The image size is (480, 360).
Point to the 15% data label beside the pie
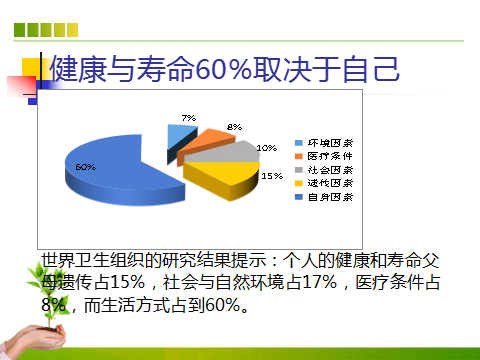[270, 176]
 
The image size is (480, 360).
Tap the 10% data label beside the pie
[267, 148]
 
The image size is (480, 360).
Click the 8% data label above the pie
[234, 127]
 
